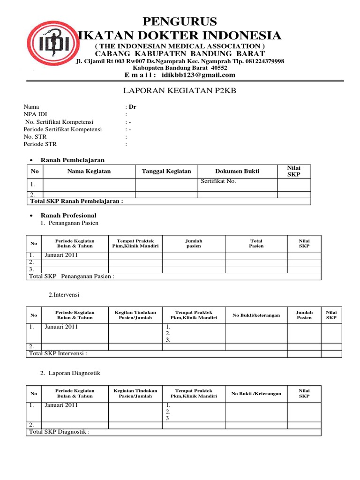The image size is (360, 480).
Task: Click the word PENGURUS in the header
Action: click(180, 22)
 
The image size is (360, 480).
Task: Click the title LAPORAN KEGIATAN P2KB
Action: click(180, 90)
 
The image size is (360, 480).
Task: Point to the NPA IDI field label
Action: click(35, 114)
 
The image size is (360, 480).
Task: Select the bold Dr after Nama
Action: click(132, 106)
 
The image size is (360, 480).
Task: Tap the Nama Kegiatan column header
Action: click(89, 171)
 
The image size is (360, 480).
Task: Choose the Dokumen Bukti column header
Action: click(237, 171)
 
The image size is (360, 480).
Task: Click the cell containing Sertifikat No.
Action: click(237, 185)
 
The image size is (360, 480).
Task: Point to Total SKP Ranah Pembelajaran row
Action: click(76, 202)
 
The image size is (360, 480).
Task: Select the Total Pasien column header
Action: click(256, 243)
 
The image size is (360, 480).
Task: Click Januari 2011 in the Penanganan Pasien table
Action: click(61, 255)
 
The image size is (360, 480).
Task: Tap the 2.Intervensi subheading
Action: click(64, 295)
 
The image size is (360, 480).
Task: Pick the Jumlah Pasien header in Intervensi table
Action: click(304, 315)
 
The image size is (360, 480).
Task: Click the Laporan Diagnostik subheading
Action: click(74, 373)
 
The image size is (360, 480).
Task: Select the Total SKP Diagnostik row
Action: click(59, 432)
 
